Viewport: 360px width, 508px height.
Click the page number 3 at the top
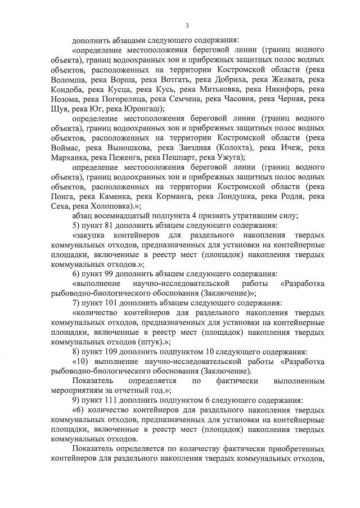click(187, 25)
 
